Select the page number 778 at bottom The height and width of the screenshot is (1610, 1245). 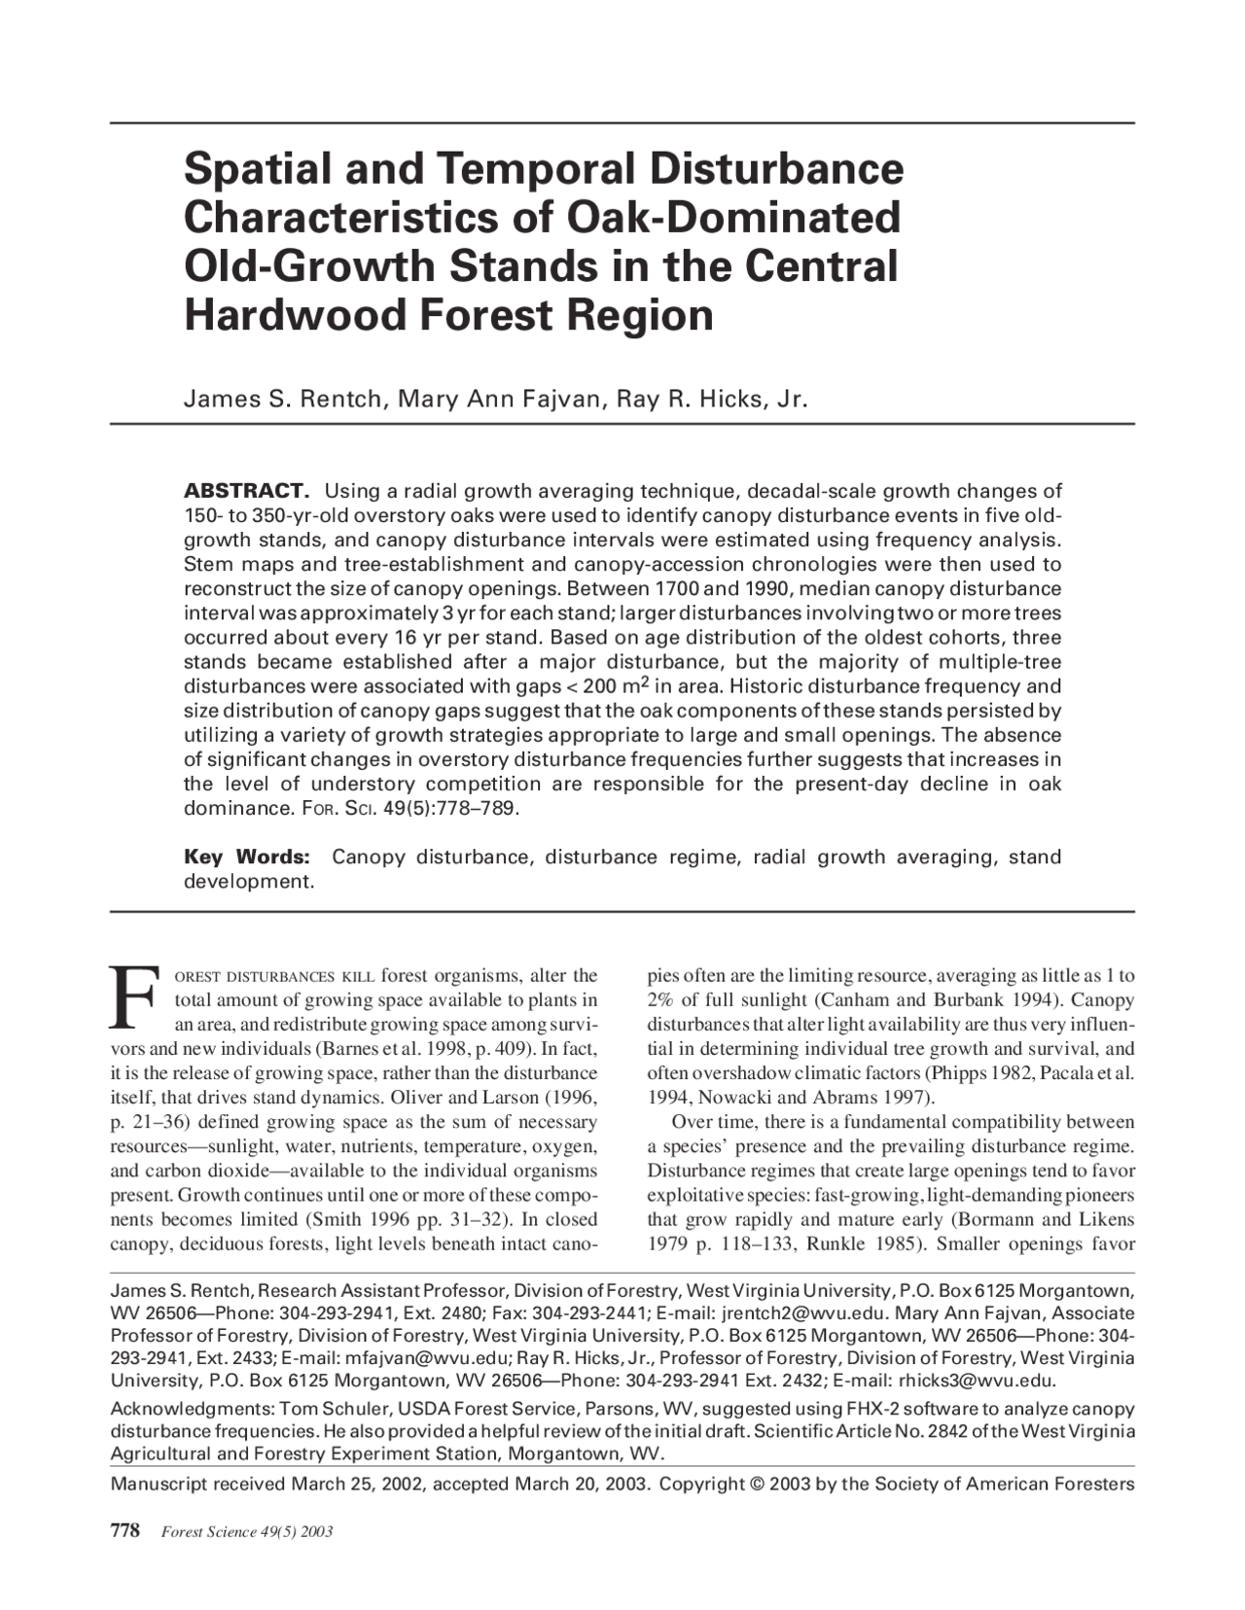pos(126,1531)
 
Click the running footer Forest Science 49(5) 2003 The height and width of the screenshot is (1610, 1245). pos(247,1532)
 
